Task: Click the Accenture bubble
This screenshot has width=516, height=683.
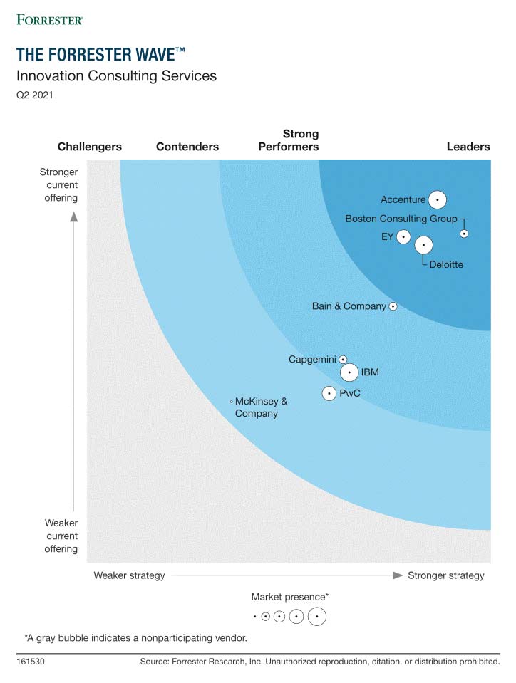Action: pyautogui.click(x=437, y=200)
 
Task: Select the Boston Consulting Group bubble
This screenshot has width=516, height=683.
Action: pyautogui.click(x=464, y=233)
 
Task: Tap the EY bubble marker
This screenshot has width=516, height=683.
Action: pyautogui.click(x=404, y=236)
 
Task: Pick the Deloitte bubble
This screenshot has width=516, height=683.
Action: pyautogui.click(x=423, y=245)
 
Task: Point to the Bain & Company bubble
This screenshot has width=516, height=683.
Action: pyautogui.click(x=393, y=306)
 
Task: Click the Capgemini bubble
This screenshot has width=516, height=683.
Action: pyautogui.click(x=343, y=360)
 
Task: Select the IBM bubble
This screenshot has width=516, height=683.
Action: pyautogui.click(x=349, y=372)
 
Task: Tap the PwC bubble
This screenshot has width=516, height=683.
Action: pyautogui.click(x=329, y=392)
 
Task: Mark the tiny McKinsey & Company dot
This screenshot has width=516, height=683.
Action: pyautogui.click(x=232, y=402)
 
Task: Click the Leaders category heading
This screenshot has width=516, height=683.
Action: pyautogui.click(x=468, y=147)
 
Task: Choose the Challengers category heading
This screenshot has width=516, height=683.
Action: pyautogui.click(x=90, y=147)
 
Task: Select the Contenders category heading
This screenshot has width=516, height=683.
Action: pyautogui.click(x=187, y=147)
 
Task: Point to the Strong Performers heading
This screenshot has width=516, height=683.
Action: pyautogui.click(x=289, y=140)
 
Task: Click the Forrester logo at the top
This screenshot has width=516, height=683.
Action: pyautogui.click(x=49, y=19)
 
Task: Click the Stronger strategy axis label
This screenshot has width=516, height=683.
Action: pyautogui.click(x=445, y=575)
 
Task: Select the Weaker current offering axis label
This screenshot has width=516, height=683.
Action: pyautogui.click(x=62, y=536)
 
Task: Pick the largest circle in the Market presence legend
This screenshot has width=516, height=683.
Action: pyautogui.click(x=317, y=616)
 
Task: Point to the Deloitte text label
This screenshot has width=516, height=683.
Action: pyautogui.click(x=446, y=264)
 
